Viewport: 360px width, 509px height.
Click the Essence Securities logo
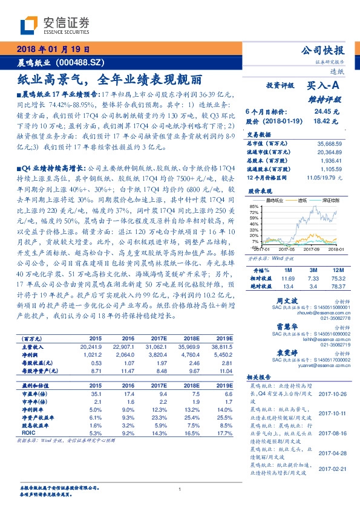click(x=55, y=24)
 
